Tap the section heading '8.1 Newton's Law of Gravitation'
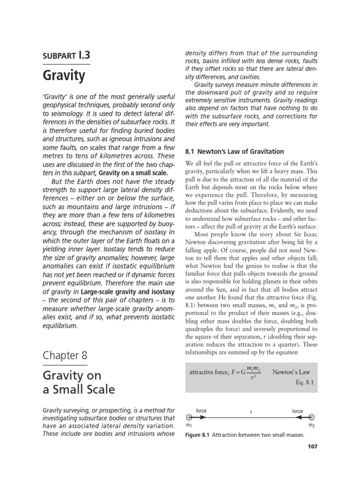pyautogui.click(x=235, y=151)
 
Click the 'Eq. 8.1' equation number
pyautogui.click(x=304, y=382)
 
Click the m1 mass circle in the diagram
pyautogui.click(x=188, y=417)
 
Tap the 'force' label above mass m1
pyautogui.click(x=201, y=411)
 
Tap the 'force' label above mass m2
pyautogui.click(x=298, y=411)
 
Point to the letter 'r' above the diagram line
pyautogui.click(x=251, y=412)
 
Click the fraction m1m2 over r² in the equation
pyautogui.click(x=253, y=373)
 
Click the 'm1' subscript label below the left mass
pyautogui.click(x=188, y=426)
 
